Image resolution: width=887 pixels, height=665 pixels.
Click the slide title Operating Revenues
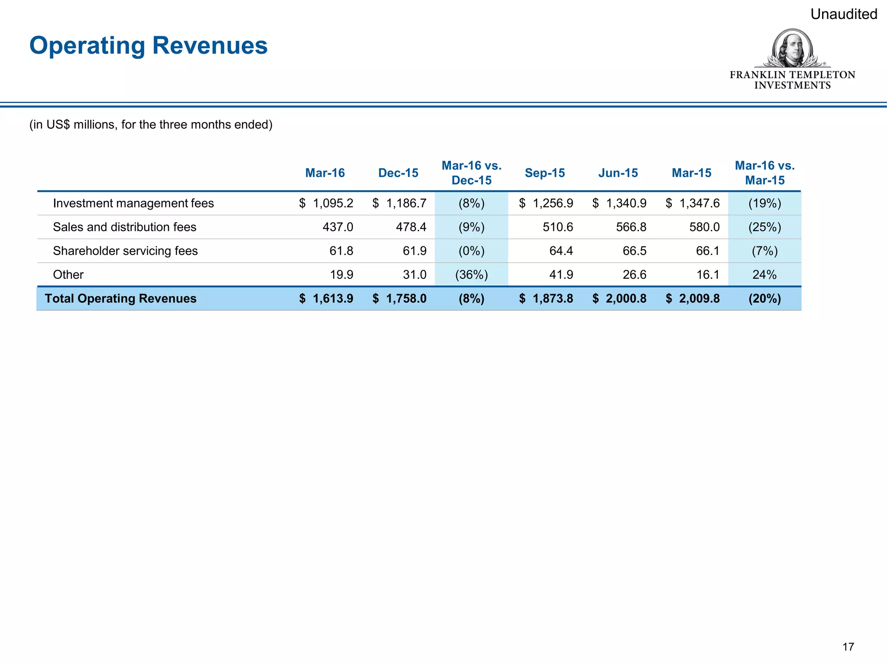(x=149, y=45)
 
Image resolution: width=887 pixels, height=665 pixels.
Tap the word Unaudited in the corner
(x=843, y=14)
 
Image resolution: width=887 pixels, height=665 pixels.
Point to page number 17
(x=848, y=647)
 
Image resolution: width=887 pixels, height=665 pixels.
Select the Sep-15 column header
(x=545, y=173)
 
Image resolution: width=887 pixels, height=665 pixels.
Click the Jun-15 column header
(x=618, y=173)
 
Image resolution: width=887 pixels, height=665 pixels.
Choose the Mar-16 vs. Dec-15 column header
(x=472, y=173)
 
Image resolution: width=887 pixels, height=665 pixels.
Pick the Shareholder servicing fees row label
(x=125, y=251)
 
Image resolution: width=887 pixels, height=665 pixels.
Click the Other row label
(x=68, y=274)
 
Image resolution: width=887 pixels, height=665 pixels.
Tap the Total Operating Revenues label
(x=120, y=298)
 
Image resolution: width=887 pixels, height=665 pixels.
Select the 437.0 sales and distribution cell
(x=338, y=227)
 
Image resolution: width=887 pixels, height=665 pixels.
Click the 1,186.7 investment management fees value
(x=406, y=203)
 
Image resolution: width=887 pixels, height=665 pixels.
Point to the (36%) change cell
(x=472, y=274)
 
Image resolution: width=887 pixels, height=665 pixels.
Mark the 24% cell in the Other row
(x=764, y=274)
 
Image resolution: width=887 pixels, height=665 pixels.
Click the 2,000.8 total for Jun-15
(x=625, y=298)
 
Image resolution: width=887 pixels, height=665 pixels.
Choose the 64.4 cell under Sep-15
(x=561, y=251)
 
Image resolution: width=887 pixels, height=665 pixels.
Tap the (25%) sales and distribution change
(x=764, y=227)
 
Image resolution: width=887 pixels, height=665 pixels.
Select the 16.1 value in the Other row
(x=708, y=274)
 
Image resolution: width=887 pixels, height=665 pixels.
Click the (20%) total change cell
(x=764, y=298)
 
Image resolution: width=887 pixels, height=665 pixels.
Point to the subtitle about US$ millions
(x=151, y=125)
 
